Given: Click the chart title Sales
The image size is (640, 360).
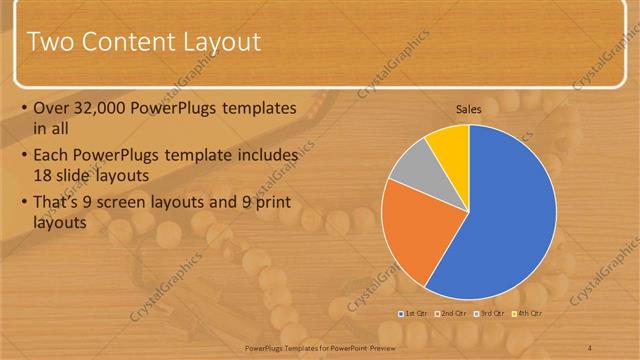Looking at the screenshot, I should point(469,108).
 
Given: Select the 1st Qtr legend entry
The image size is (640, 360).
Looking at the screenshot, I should point(417,314).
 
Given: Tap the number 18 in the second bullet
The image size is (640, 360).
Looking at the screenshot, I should point(44,174).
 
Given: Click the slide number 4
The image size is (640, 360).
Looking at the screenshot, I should point(590,346).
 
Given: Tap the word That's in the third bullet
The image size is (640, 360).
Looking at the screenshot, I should point(59,203).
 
